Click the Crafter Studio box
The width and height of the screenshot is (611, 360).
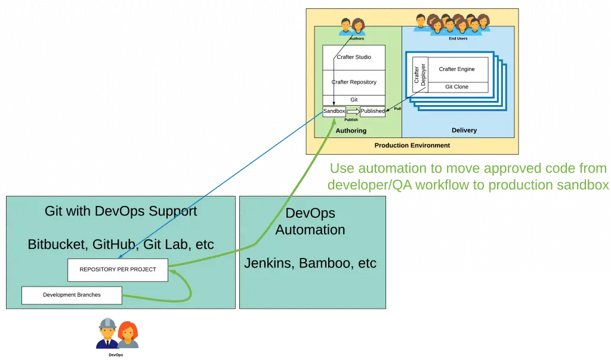click(x=354, y=57)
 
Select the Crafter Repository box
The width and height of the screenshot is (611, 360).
click(x=354, y=82)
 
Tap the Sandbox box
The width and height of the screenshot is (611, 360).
click(x=334, y=111)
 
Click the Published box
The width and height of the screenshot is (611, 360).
click(x=373, y=111)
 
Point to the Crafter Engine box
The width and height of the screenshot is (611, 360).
click(x=457, y=69)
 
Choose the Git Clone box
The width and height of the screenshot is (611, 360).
click(x=457, y=87)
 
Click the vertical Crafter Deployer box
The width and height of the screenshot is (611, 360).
click(x=419, y=75)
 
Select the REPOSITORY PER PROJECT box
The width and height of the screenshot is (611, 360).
click(x=118, y=270)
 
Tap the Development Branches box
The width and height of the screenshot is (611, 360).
click(x=72, y=295)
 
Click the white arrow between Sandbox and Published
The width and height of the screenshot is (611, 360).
click(x=353, y=112)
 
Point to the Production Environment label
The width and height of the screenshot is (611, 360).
click(x=412, y=145)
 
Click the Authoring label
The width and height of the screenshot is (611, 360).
click(x=351, y=130)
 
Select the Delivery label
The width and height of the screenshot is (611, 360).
click(x=464, y=130)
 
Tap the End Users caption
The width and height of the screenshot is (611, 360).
click(x=458, y=39)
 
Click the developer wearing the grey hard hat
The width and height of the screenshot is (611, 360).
click(x=107, y=333)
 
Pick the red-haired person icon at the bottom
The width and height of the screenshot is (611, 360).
click(x=127, y=335)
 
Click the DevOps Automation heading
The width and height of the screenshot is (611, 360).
click(x=310, y=221)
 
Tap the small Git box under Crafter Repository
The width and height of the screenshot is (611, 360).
click(x=354, y=100)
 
